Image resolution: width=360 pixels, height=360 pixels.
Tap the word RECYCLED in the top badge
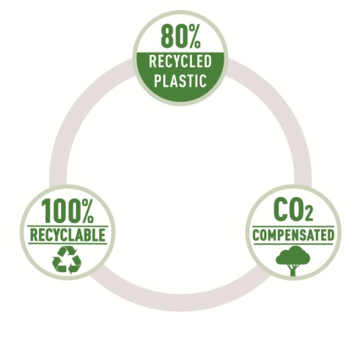click(180, 61)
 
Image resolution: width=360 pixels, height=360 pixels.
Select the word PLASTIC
click(180, 81)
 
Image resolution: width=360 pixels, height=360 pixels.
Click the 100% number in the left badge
click(67, 211)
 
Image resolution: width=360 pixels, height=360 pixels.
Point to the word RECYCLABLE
click(67, 235)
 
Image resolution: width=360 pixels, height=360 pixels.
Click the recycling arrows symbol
click(66, 260)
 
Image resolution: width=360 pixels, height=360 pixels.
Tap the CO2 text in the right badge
click(293, 210)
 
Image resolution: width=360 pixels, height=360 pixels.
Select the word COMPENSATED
click(294, 235)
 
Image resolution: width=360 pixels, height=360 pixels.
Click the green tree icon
click(293, 261)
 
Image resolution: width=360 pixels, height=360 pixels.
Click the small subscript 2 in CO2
click(309, 215)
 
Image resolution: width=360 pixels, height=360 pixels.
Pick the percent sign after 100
click(88, 211)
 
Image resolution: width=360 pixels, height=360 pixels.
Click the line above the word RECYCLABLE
click(67, 226)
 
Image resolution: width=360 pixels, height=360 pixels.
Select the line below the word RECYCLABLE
click(67, 244)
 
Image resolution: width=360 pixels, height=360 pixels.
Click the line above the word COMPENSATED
click(294, 226)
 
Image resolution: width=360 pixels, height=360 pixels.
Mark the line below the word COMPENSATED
click(294, 244)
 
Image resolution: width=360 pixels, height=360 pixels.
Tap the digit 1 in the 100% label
click(46, 211)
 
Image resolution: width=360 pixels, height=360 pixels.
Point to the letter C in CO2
click(281, 210)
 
